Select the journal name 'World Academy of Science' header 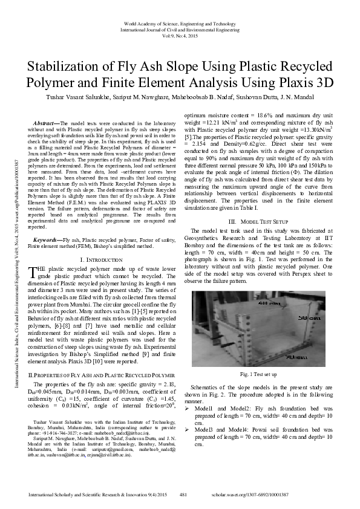(x=180, y=22)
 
